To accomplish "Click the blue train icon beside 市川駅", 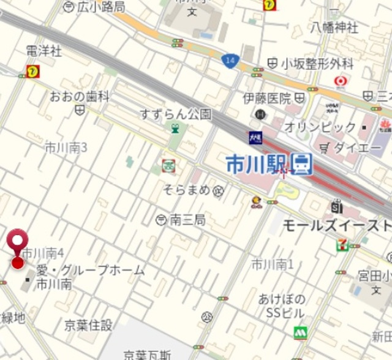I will [301, 163].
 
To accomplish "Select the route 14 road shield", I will [230, 60].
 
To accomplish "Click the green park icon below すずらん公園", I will [176, 129].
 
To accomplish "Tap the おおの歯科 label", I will [80, 96].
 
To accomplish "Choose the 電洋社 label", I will [43, 51].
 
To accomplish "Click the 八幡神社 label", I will [334, 27].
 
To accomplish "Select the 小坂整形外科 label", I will [317, 63].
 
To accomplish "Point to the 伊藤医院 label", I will [267, 98].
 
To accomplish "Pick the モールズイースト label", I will [336, 225].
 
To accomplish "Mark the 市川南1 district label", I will [273, 264].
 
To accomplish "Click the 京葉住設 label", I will [89, 325].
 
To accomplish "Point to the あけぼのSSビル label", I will [282, 306].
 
